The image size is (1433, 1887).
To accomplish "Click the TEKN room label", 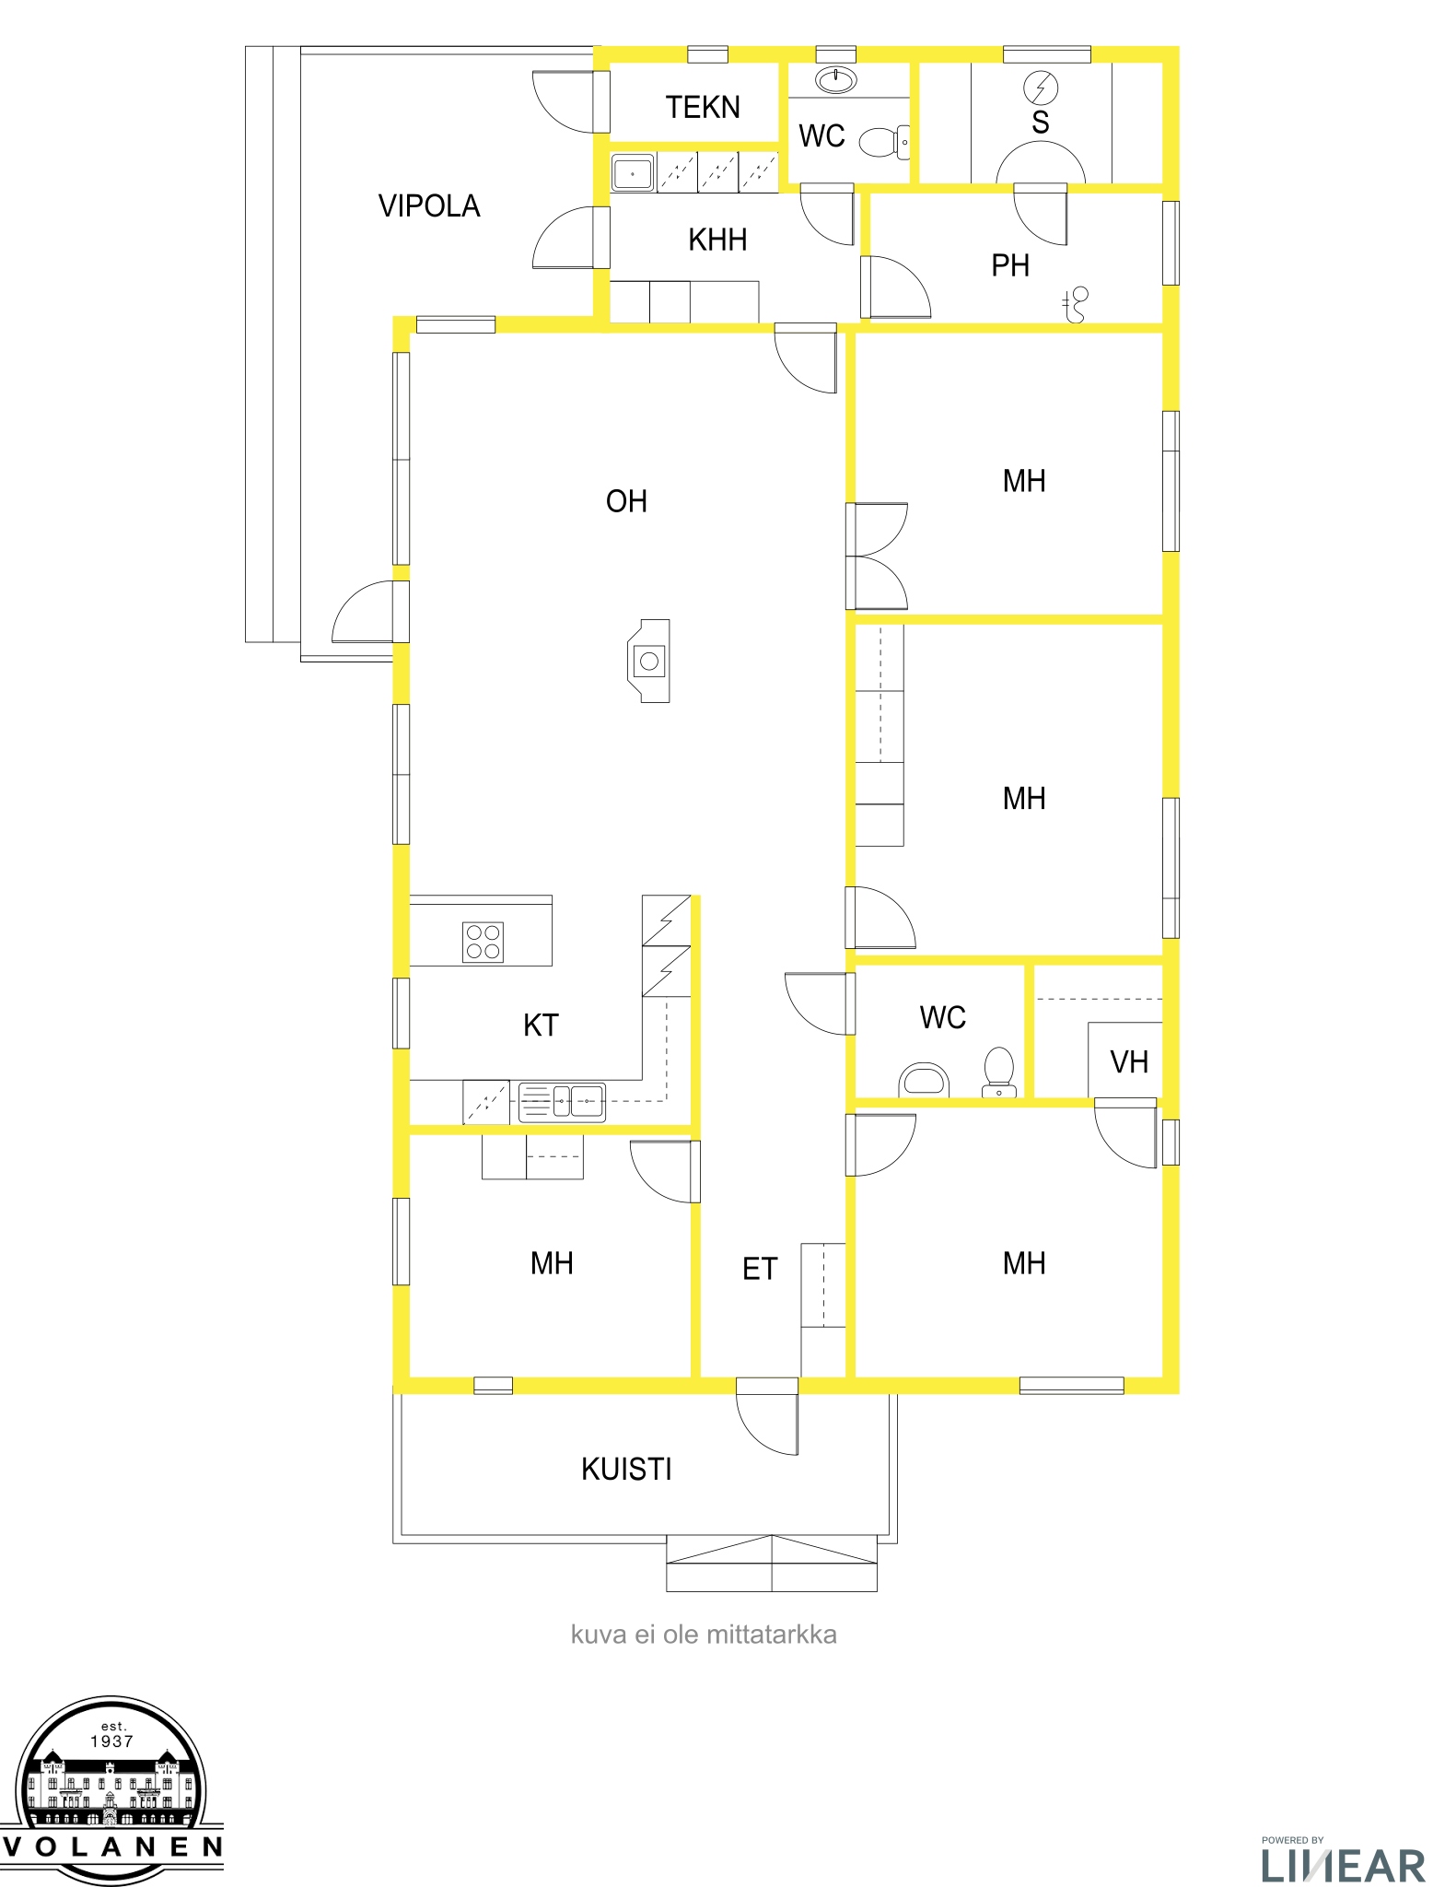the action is (703, 108).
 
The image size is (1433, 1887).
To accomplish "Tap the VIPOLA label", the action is (429, 206).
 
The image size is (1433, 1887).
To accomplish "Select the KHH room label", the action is (717, 240).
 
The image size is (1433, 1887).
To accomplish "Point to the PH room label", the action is (1010, 266).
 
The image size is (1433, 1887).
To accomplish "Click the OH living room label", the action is (626, 502).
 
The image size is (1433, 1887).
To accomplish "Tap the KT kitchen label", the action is (541, 1026).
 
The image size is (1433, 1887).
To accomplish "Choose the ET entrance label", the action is (760, 1270).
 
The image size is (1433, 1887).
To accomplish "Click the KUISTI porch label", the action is (626, 1470).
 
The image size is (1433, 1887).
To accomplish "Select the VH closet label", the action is (1129, 1062).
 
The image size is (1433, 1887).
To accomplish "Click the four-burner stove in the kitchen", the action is (483, 942).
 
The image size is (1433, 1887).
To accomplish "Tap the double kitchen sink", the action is (562, 1102).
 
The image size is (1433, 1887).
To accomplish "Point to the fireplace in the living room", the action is (649, 661).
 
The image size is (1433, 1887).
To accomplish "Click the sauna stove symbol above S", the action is (1041, 88).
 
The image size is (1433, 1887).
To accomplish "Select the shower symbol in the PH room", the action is (1075, 305).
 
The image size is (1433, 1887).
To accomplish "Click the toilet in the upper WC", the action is (884, 142).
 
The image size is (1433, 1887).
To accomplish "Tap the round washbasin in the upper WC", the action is (836, 81).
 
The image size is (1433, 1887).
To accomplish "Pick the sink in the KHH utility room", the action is (633, 173).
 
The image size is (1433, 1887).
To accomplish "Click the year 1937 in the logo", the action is (112, 1741).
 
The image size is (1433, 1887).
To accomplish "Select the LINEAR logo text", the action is (1343, 1866).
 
